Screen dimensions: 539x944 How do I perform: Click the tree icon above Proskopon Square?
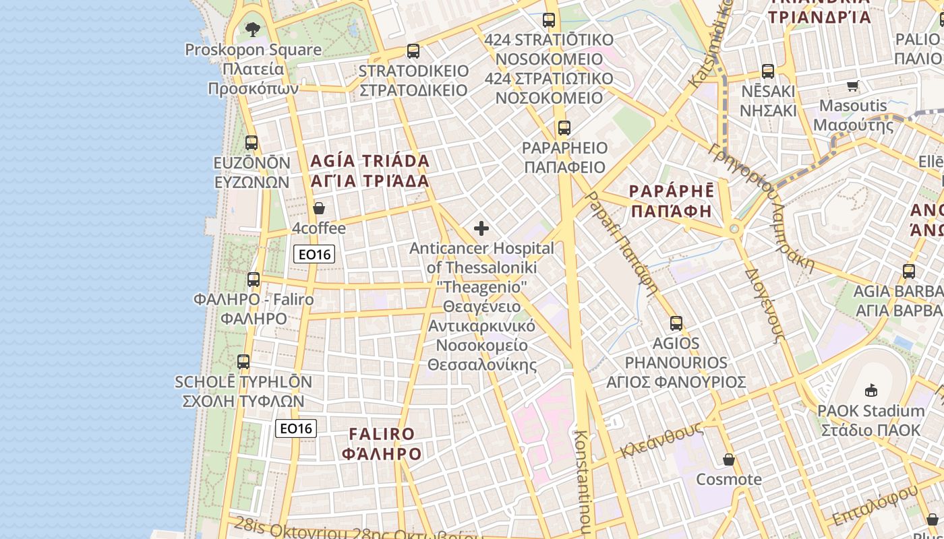coord(253,29)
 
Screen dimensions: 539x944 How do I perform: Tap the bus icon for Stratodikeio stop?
coord(413,51)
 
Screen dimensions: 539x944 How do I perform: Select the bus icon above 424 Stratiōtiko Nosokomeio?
coord(549,20)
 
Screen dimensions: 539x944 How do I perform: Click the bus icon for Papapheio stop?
coord(564,127)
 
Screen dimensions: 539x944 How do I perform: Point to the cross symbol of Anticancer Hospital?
coord(481,228)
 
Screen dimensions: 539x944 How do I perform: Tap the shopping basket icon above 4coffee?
coord(319,208)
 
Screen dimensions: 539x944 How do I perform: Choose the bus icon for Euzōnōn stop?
coord(252,142)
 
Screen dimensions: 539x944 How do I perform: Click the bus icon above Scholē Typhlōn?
coord(243,362)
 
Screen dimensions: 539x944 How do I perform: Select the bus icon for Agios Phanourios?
coord(676,323)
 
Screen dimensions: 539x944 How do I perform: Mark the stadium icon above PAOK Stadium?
coord(871,390)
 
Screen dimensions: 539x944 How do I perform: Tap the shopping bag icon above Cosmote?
coord(729,459)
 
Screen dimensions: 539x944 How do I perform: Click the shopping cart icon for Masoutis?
coord(853,86)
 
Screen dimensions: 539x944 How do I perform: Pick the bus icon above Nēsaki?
coord(768,71)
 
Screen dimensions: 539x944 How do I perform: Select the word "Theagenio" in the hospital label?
coord(481,287)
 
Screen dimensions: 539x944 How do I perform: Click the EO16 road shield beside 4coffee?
coord(314,254)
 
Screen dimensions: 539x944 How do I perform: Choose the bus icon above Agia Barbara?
coord(909,272)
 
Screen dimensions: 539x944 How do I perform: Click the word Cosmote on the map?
coord(729,480)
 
